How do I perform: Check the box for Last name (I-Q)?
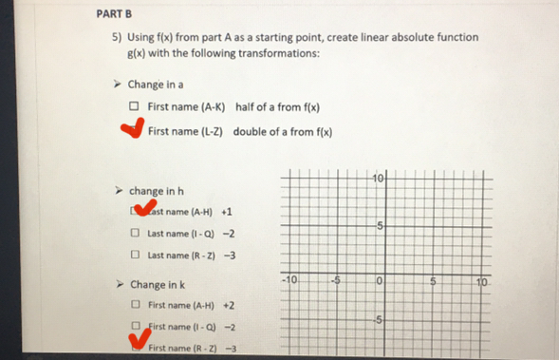coord(136,233)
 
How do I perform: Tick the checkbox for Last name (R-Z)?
coord(136,256)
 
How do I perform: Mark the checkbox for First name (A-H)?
coord(136,306)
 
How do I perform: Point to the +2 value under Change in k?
coord(229,306)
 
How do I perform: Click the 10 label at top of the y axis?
coord(379,179)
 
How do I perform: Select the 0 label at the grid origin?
coord(379,281)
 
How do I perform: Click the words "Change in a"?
coord(158,85)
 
